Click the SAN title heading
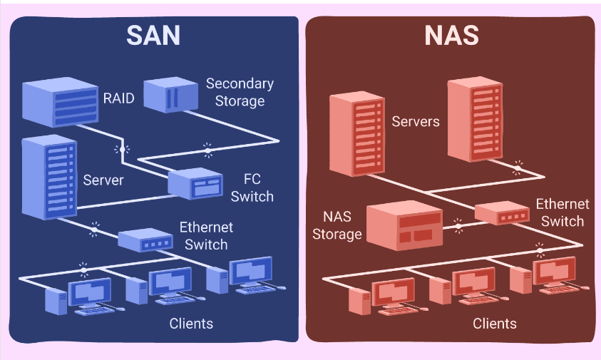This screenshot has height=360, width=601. (x=154, y=36)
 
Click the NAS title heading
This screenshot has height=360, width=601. (x=451, y=36)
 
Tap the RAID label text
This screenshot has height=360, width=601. (x=118, y=98)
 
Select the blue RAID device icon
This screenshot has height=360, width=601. (x=61, y=100)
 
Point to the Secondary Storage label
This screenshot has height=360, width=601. (x=240, y=92)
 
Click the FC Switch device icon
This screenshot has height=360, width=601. (x=196, y=184)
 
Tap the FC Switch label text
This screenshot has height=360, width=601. (x=252, y=187)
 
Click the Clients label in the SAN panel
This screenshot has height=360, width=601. (x=191, y=324)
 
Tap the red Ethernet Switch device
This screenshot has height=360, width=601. (x=503, y=213)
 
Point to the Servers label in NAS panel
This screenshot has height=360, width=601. (x=416, y=121)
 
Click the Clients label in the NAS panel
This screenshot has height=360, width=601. (x=495, y=324)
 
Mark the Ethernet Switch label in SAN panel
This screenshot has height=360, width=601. (x=206, y=236)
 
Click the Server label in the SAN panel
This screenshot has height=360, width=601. (x=103, y=179)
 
